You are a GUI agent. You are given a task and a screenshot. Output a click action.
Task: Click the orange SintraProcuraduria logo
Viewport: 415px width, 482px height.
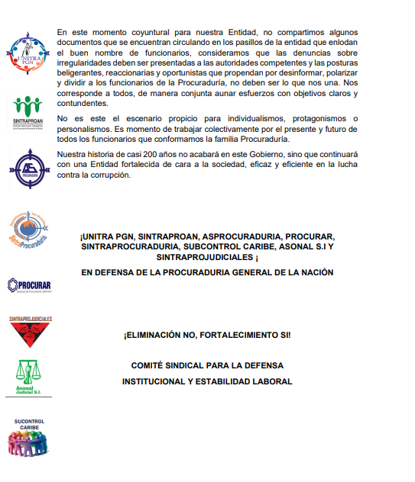point(28,228)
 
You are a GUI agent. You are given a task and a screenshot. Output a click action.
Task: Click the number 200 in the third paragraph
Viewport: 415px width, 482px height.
point(148,153)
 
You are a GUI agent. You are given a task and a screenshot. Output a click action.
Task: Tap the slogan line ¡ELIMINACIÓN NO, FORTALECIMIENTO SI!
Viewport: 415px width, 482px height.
point(207,335)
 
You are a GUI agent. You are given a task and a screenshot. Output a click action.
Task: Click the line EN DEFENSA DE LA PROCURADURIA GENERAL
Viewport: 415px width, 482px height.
point(207,272)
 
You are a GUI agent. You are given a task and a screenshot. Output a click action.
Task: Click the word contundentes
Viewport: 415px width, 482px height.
point(83,104)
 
